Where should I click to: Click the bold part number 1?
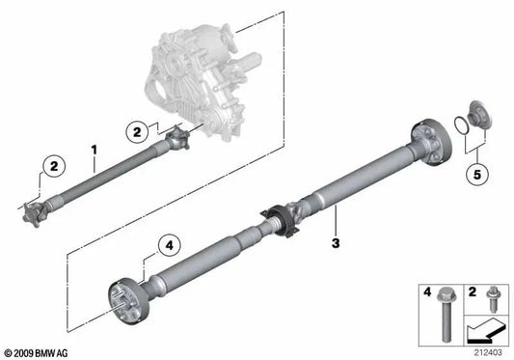95,151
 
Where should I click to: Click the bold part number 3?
336,243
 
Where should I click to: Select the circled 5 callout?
477,175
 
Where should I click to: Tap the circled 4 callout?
169,245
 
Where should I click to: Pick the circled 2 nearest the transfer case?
137,132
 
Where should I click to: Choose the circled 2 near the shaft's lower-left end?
54,166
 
